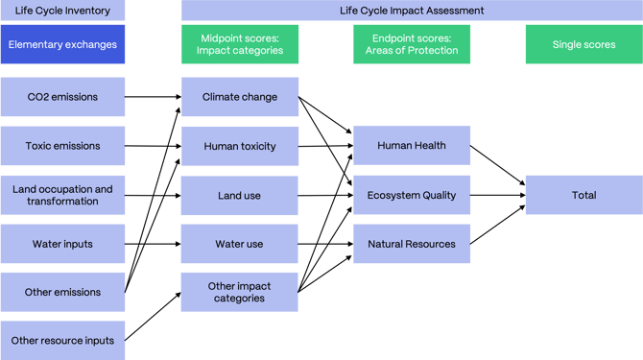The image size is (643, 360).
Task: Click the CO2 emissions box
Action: [62, 97]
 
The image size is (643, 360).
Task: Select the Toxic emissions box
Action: [62, 146]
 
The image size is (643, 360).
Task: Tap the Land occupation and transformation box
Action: [62, 195]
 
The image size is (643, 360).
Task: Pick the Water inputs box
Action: [62, 244]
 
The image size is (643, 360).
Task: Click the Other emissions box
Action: [62, 292]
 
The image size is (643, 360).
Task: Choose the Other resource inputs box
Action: [62, 340]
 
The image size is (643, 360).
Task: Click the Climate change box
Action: [240, 97]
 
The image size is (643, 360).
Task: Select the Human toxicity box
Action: [240, 146]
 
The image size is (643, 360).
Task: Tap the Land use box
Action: [240, 195]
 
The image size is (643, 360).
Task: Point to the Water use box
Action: [240, 244]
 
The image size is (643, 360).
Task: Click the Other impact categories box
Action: [240, 292]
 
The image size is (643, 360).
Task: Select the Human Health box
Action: [412, 146]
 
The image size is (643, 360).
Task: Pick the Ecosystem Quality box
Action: [412, 195]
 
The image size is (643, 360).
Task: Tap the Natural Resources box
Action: [412, 244]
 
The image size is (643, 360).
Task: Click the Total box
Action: [583, 195]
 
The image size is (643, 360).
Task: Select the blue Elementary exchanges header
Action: [62, 44]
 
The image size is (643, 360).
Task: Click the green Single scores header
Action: [583, 44]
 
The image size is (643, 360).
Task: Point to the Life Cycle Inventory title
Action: [62, 11]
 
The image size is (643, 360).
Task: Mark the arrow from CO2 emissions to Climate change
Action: [154, 97]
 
